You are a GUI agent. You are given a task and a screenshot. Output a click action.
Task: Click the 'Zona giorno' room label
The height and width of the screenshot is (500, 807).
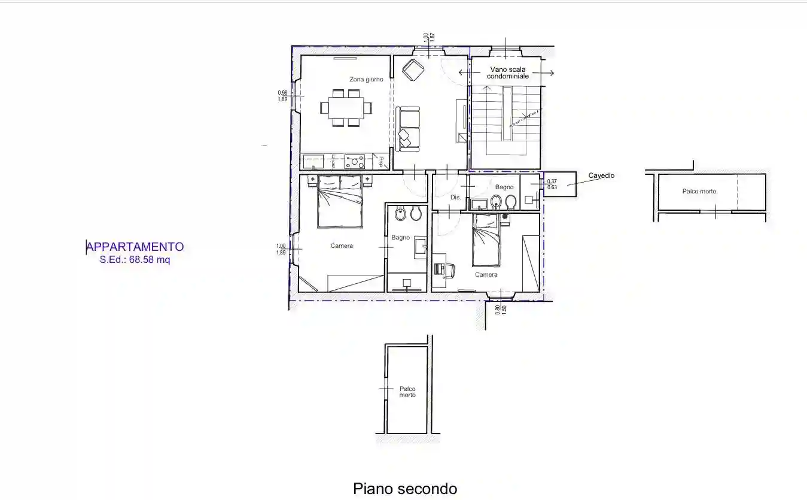click(366, 80)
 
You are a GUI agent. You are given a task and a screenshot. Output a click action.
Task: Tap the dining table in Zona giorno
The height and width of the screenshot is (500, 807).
click(346, 108)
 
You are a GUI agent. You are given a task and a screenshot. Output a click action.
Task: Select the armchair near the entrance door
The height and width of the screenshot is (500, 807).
click(413, 69)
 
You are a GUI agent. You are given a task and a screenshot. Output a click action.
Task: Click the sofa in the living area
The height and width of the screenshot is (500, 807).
click(409, 127)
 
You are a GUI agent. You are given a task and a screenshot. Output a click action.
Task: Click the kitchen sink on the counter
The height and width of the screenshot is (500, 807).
click(312, 162)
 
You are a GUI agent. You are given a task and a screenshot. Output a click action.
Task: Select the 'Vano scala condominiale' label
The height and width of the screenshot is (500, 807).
click(507, 73)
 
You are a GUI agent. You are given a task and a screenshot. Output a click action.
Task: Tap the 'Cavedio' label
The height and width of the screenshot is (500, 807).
click(601, 176)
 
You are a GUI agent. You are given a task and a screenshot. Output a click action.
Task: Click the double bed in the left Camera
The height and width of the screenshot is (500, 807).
click(340, 202)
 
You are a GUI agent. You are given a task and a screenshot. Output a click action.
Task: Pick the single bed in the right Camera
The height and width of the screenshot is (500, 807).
click(485, 240)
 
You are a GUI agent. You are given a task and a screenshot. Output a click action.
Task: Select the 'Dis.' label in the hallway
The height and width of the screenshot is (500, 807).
click(455, 197)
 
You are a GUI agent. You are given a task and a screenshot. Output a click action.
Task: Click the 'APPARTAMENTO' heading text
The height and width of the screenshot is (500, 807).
click(135, 247)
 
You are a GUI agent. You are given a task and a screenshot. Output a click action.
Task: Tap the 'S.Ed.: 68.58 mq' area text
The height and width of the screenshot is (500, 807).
click(135, 260)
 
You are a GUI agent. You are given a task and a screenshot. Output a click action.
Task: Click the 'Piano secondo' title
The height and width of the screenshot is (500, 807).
click(405, 489)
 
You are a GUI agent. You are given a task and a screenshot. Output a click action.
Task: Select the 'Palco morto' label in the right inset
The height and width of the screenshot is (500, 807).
click(699, 192)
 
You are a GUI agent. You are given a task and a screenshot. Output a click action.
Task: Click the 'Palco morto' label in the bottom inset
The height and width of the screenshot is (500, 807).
click(407, 392)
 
